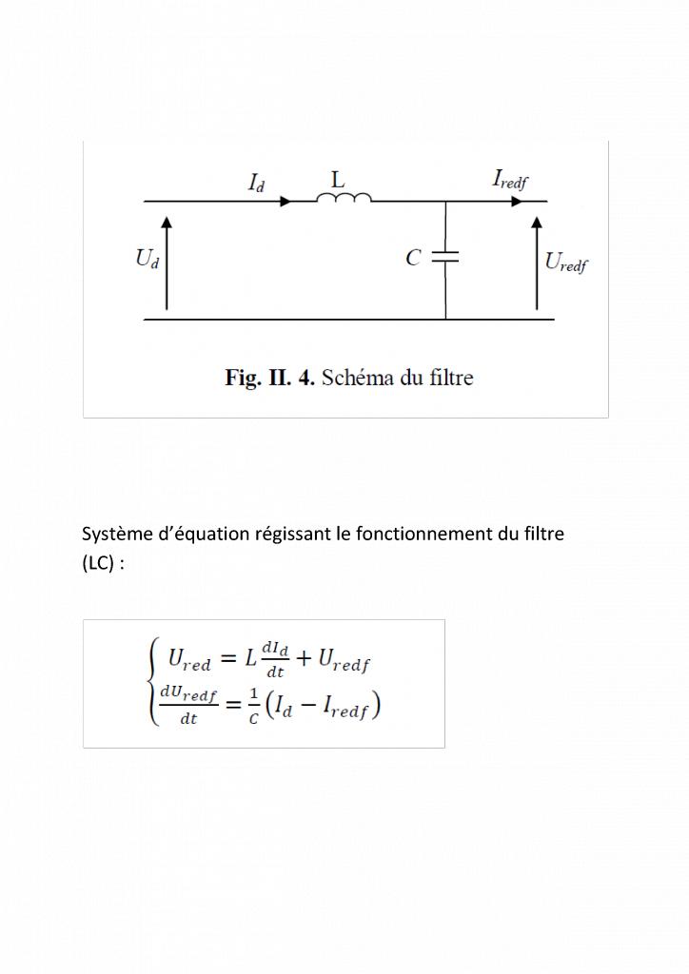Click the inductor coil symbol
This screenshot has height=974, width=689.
click(344, 198)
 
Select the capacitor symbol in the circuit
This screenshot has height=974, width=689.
click(445, 257)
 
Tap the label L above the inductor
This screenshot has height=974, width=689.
click(338, 179)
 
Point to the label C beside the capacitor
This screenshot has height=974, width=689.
click(413, 258)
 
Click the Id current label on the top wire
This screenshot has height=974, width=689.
click(257, 183)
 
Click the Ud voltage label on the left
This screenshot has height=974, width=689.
click(148, 260)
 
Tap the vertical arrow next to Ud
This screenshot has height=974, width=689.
click(167, 263)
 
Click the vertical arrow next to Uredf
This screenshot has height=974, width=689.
click(537, 263)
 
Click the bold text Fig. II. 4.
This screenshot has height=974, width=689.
click(269, 378)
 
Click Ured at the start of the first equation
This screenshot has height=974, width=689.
click(189, 658)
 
